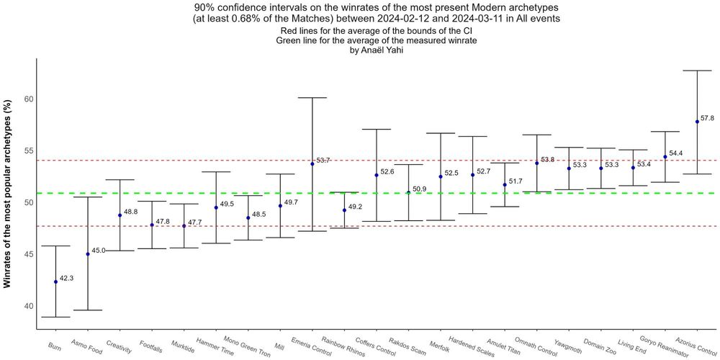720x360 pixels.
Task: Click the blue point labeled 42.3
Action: click(55, 282)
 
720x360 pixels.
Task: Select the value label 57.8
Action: click(707, 118)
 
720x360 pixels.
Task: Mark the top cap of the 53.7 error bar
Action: click(312, 97)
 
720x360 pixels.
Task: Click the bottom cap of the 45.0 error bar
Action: click(88, 310)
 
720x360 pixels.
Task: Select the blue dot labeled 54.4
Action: click(665, 156)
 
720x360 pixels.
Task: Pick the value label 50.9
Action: click(419, 189)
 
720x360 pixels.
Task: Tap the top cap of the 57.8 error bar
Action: click(697, 71)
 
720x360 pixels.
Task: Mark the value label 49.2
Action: click(354, 207)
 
